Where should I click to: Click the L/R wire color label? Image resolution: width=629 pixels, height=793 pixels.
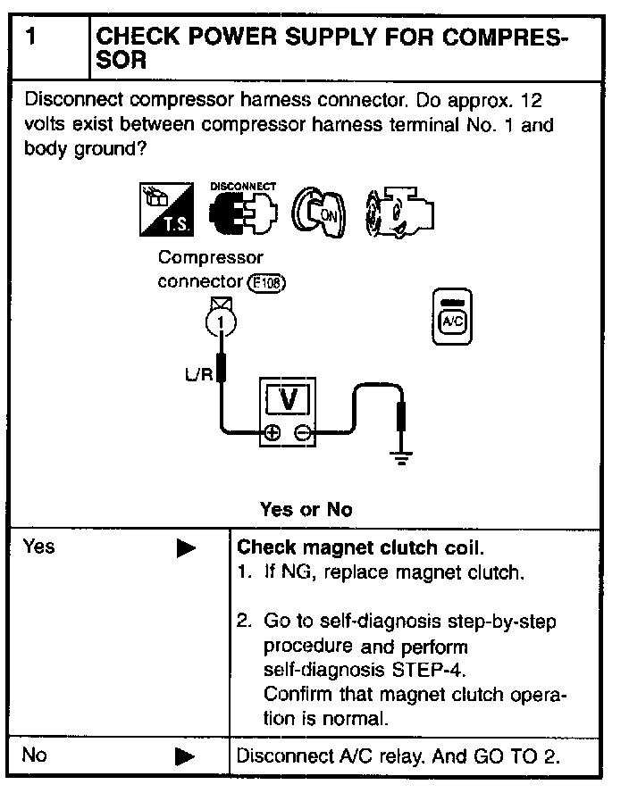[198, 374]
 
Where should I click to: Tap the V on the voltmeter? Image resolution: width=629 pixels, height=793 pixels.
[288, 399]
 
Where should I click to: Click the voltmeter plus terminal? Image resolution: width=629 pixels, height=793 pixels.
[272, 434]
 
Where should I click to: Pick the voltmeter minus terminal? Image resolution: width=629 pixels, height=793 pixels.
[303, 434]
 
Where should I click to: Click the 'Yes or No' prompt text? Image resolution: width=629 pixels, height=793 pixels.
[306, 510]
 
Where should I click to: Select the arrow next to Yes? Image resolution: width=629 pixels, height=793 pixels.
[186, 548]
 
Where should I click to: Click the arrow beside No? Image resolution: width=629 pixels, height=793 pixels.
[186, 756]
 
